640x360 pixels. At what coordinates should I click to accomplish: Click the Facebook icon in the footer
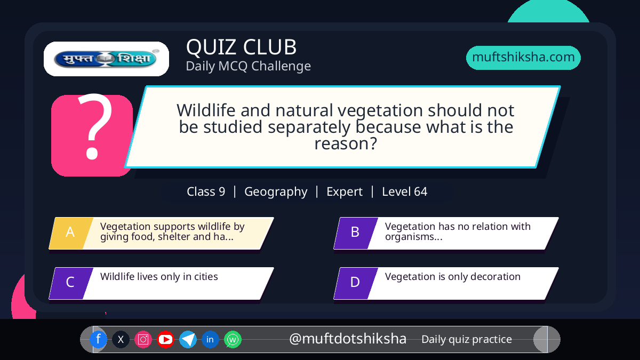[98, 339]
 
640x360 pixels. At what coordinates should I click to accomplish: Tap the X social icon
[121, 339]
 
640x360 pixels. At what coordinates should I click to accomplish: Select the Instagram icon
[143, 339]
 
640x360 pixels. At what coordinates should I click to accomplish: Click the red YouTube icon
[165, 339]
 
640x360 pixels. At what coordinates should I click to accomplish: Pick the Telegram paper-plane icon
[188, 339]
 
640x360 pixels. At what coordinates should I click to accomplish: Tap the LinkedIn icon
[210, 339]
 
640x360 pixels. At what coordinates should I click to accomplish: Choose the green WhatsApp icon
[233, 339]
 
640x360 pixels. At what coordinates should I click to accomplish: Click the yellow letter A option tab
[71, 233]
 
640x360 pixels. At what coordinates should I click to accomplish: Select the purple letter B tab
[356, 233]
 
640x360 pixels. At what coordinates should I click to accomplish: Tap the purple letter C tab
[71, 283]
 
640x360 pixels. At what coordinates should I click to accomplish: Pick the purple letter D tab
[356, 283]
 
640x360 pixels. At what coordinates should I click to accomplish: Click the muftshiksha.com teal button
[523, 58]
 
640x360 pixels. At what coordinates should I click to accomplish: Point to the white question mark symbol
[95, 126]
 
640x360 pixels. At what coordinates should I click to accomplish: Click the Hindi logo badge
[106, 59]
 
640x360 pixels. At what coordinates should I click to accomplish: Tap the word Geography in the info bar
[276, 191]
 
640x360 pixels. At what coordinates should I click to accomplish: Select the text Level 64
[405, 191]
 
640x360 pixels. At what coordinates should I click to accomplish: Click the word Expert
[345, 192]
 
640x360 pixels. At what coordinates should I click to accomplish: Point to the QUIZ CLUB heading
[242, 47]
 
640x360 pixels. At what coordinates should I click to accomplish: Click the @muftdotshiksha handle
[348, 339]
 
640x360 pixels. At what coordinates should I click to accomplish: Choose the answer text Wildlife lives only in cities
[159, 277]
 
